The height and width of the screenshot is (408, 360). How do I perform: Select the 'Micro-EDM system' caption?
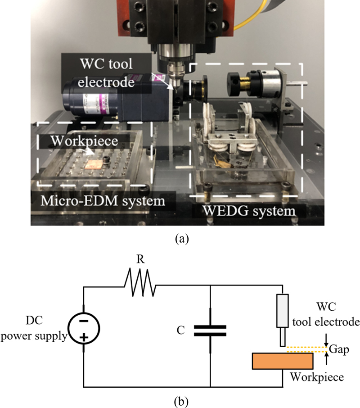pos(96,200)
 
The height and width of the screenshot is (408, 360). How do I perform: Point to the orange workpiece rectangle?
pos(283,361)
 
